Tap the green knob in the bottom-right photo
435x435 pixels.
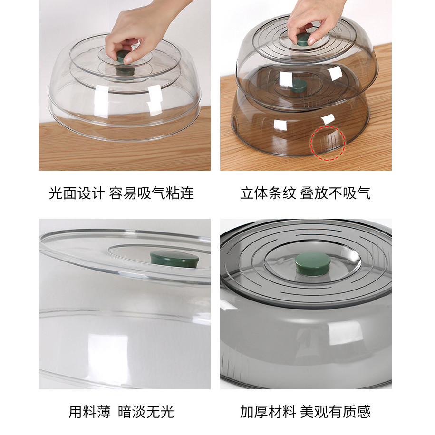pyautogui.click(x=313, y=263)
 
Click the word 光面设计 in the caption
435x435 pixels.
pyautogui.click(x=77, y=193)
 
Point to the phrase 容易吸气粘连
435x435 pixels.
pyautogui.click(x=151, y=193)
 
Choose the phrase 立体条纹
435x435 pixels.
pyautogui.click(x=268, y=193)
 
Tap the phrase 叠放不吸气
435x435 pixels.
pyautogui.click(x=335, y=193)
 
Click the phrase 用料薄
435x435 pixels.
pyautogui.click(x=89, y=412)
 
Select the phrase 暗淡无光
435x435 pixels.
pyautogui.click(x=146, y=412)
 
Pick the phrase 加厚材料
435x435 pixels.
pyautogui.click(x=268, y=412)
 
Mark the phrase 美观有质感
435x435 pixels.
pyautogui.click(x=336, y=412)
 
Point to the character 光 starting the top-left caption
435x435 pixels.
pyautogui.click(x=56, y=193)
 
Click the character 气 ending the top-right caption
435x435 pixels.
pyautogui.click(x=363, y=193)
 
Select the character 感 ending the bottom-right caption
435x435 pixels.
pyautogui.click(x=364, y=412)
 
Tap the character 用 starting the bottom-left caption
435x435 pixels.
pyautogui.click(x=76, y=412)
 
